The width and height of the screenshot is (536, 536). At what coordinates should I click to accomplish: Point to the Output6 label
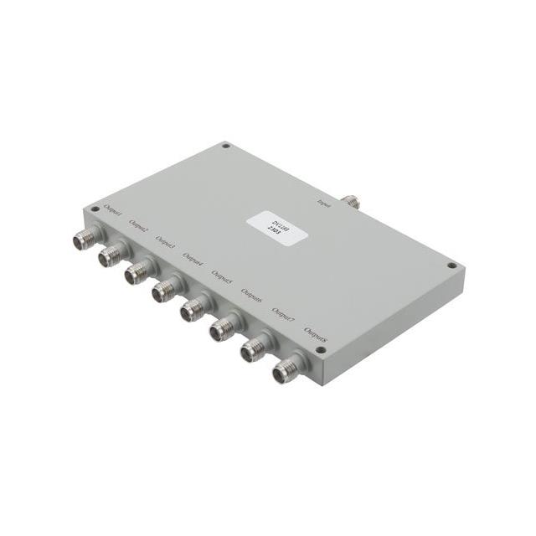point(251,294)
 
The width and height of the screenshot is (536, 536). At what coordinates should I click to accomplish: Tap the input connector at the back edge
point(351,201)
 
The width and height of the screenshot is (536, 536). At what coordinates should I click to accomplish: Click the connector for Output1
point(84,240)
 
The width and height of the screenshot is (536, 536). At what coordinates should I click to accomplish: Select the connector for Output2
point(111,255)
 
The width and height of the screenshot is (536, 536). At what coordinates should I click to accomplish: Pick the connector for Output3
point(137,273)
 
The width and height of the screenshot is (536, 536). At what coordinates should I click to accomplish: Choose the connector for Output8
point(283,371)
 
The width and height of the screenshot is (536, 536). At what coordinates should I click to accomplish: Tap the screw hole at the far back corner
point(225,146)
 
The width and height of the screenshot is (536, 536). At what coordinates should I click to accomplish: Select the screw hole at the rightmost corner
point(451,265)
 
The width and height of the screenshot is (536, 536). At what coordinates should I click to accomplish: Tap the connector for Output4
point(163,291)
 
